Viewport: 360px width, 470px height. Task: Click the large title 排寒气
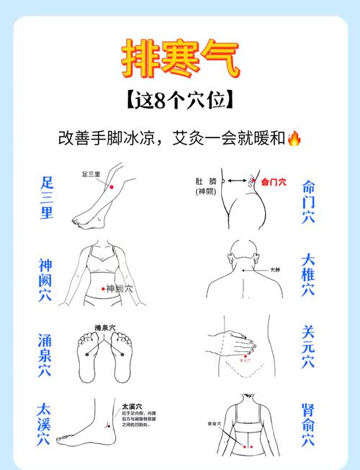[x=179, y=59]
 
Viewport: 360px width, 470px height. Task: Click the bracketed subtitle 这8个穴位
[x=179, y=100]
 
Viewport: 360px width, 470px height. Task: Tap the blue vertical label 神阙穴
[x=45, y=280]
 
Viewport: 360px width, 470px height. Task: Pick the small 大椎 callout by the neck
[x=274, y=270]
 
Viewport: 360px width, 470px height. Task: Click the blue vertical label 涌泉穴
[x=45, y=355]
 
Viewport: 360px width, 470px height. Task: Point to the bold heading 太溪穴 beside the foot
[x=132, y=406]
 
